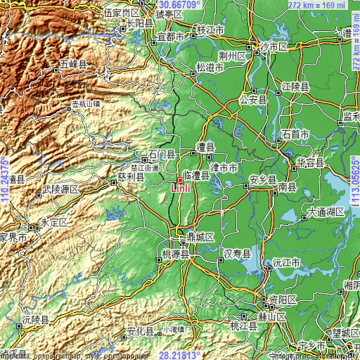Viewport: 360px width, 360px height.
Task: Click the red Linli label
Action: [x=179, y=188]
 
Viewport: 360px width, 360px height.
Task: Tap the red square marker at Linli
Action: [x=180, y=180]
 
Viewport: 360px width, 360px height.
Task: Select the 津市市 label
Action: [x=224, y=168]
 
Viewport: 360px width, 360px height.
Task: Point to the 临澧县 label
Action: [x=196, y=174]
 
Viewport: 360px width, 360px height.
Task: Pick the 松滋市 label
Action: [x=210, y=67]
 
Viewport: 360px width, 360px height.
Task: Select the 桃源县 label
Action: [x=176, y=255]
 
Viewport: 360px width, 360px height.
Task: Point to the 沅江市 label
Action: [x=286, y=262]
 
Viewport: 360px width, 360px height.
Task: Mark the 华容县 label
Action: [x=309, y=162]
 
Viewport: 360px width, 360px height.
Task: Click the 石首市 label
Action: [x=295, y=134]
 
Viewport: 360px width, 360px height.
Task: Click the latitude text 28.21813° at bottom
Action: [x=180, y=355]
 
